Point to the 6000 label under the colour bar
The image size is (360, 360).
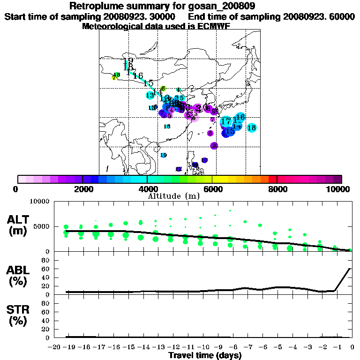click(x=212, y=189)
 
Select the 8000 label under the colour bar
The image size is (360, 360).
click(x=277, y=189)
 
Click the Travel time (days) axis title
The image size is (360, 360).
click(x=205, y=356)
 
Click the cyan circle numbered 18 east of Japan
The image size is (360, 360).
click(x=251, y=127)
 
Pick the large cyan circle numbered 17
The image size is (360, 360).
click(x=226, y=121)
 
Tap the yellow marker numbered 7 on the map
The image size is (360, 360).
click(x=114, y=78)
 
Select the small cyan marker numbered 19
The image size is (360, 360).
click(x=164, y=155)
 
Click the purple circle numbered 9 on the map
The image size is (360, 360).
click(x=214, y=146)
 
